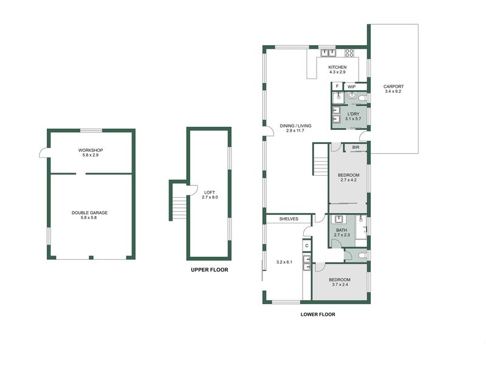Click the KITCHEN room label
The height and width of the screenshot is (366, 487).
pos(337,66)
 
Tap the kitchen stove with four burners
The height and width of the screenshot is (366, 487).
pos(350,52)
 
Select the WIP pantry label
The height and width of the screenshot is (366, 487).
pos(351,87)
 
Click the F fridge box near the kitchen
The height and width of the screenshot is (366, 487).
pos(337,87)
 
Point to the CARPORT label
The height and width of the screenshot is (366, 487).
pos(393,87)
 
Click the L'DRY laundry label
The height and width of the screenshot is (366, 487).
pos(353,113)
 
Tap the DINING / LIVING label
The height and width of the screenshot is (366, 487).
pos(296,126)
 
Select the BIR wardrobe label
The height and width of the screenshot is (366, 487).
pos(355,147)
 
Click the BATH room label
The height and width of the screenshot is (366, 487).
pos(341,229)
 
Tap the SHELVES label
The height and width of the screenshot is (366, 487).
pos(289,218)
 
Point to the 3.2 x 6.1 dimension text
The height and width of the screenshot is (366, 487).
pos(284,262)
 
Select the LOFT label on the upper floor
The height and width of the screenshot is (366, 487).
pos(209,192)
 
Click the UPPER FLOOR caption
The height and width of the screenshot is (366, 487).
pos(209,269)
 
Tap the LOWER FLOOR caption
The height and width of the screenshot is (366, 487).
pos(318,315)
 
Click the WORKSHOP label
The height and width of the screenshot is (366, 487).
pos(89,150)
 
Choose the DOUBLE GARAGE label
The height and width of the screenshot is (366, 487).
pos(89,212)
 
